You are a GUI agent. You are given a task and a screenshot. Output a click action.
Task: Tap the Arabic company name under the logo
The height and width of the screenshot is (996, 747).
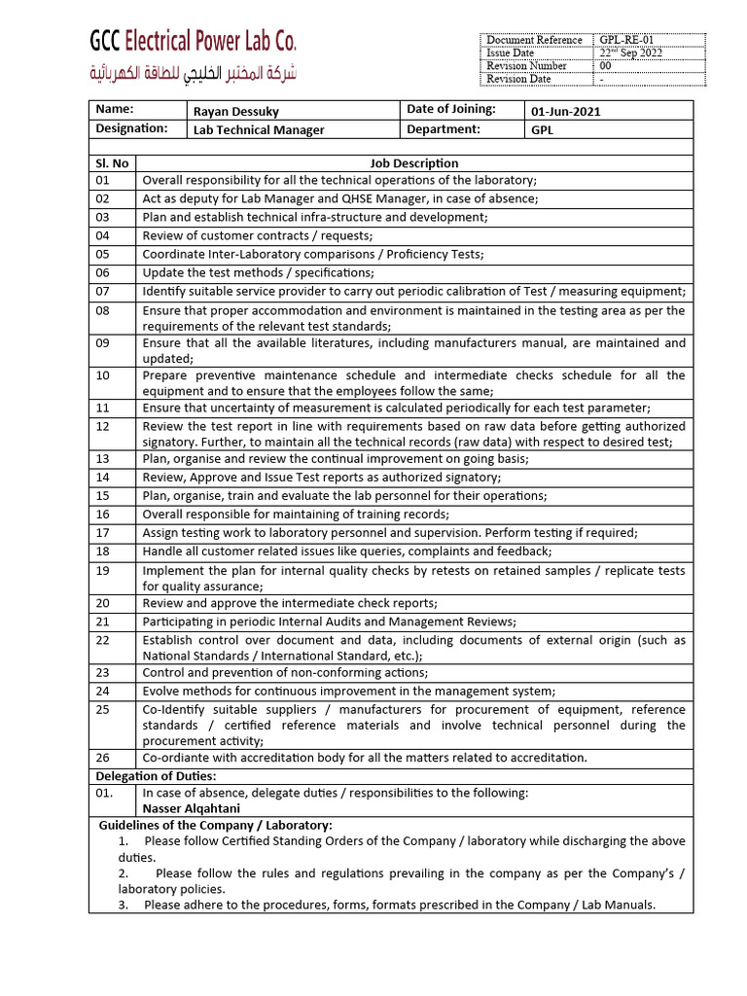pyautogui.click(x=193, y=73)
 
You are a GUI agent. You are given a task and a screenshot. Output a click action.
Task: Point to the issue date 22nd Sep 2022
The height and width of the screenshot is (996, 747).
pyautogui.click(x=632, y=53)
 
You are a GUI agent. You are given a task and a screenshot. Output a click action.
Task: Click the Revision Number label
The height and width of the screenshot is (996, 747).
pyautogui.click(x=526, y=66)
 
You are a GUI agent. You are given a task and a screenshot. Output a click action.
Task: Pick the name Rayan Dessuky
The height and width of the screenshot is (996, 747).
pyautogui.click(x=236, y=111)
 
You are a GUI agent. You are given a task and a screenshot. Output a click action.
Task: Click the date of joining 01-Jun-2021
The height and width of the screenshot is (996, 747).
pyautogui.click(x=566, y=111)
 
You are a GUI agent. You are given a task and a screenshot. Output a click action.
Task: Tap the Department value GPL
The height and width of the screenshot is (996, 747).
pyautogui.click(x=543, y=129)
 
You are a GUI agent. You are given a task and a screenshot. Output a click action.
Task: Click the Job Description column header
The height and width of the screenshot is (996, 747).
pyautogui.click(x=414, y=163)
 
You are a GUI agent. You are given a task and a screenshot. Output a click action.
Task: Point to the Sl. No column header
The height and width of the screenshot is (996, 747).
pyautogui.click(x=113, y=163)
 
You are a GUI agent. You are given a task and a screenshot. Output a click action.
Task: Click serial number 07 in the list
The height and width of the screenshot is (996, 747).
pyautogui.click(x=103, y=291)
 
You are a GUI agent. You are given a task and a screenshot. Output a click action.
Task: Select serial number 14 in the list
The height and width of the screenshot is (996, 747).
pyautogui.click(x=103, y=477)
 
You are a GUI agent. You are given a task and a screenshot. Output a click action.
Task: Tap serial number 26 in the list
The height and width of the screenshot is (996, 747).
pyautogui.click(x=103, y=757)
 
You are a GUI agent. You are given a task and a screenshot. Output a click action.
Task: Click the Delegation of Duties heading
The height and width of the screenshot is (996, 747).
pyautogui.click(x=156, y=775)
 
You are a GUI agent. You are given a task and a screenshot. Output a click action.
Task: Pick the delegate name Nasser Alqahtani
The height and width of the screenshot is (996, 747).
pyautogui.click(x=192, y=808)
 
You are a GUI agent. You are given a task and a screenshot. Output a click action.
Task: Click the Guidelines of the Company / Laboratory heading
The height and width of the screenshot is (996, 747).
pyautogui.click(x=216, y=825)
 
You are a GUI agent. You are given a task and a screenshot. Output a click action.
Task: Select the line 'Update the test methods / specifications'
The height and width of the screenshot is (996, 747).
pyautogui.click(x=258, y=272)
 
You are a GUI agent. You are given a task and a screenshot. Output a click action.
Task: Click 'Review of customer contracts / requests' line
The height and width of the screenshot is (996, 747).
pyautogui.click(x=258, y=235)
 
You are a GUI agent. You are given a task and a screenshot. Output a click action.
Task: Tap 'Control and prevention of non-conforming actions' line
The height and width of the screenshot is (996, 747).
pyautogui.click(x=285, y=672)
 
